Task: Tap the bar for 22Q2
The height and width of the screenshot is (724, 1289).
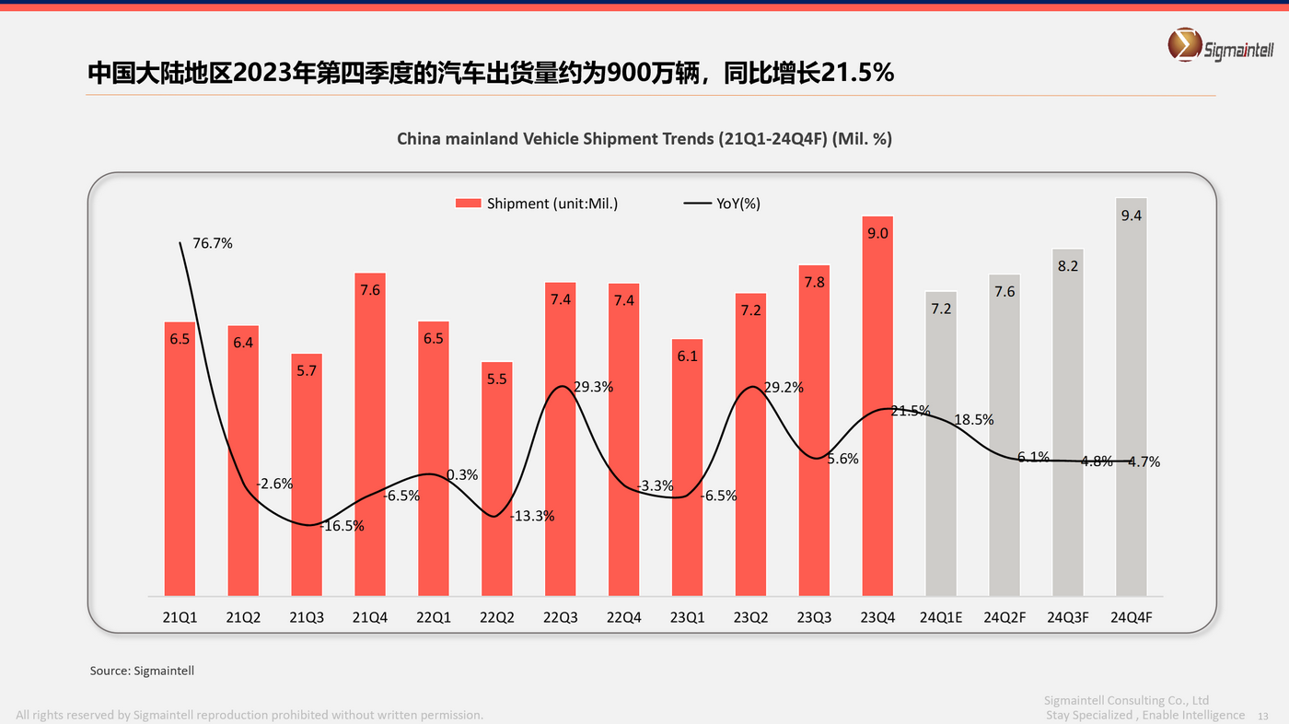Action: [x=497, y=479]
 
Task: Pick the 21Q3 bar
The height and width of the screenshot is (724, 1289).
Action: [x=307, y=474]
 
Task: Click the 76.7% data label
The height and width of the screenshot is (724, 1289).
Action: [x=213, y=244]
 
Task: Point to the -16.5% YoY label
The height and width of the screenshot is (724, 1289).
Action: [x=343, y=526]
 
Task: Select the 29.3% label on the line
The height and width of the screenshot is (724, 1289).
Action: [x=593, y=388]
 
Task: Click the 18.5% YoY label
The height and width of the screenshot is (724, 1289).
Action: [x=974, y=419]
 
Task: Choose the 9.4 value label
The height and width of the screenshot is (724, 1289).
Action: [x=1132, y=216]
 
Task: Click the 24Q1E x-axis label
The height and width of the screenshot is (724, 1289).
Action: [x=941, y=617]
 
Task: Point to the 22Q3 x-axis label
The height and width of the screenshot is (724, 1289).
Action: [x=560, y=617]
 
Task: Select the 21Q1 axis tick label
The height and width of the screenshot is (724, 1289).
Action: [x=180, y=617]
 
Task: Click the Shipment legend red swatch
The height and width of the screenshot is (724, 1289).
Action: [x=469, y=204]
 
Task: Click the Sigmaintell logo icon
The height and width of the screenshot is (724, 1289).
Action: [x=1183, y=43]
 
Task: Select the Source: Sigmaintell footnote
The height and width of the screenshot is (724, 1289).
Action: [x=142, y=671]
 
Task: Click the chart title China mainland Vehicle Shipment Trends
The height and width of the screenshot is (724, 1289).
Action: [x=644, y=138]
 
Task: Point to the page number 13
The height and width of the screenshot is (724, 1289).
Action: [x=1262, y=716]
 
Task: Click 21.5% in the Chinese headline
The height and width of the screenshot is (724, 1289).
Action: [x=856, y=73]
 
